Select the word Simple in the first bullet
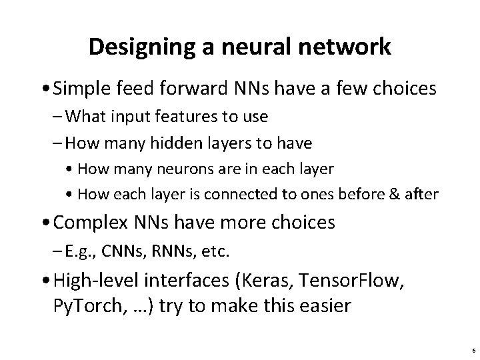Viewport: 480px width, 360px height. (84, 89)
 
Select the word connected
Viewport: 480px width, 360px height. (245, 194)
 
